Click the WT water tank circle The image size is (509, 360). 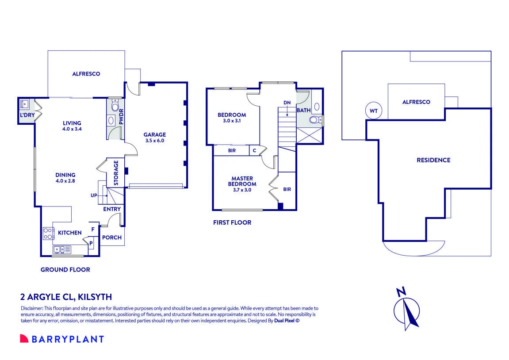(374, 111)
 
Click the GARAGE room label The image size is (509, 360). (154, 134)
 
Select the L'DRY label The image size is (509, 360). (27, 115)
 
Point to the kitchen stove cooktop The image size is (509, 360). (48, 234)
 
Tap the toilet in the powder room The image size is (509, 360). (115, 106)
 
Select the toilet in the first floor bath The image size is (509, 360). (315, 120)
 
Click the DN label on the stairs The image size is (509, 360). (287, 103)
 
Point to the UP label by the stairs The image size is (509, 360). (94, 195)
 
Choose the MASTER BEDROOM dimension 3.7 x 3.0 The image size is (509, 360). (242, 190)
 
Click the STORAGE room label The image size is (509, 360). (116, 172)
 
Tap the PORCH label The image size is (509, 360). (112, 237)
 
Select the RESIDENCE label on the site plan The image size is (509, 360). (433, 160)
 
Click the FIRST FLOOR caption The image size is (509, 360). (232, 222)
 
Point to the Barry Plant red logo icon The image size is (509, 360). (24, 338)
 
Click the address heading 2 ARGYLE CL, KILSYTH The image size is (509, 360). (66, 297)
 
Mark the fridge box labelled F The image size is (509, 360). (93, 229)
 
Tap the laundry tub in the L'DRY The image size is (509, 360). (24, 104)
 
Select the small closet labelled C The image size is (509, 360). (255, 150)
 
